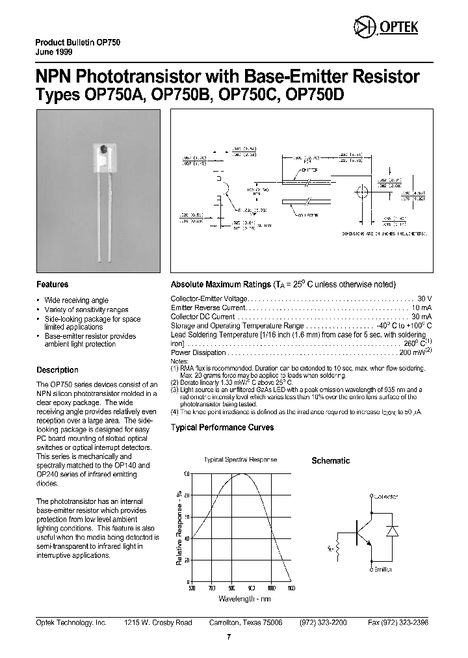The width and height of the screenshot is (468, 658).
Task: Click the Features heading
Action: [x=52, y=284]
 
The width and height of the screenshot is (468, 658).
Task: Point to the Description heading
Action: [x=57, y=370]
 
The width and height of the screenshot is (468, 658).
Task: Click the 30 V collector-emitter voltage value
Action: [x=424, y=298]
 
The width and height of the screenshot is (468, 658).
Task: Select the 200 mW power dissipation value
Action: [x=411, y=352]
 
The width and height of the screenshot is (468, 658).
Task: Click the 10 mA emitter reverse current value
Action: [x=421, y=307]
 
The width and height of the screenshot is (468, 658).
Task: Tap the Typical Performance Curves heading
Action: [x=222, y=428]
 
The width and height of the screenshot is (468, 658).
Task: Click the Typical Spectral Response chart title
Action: [x=240, y=460]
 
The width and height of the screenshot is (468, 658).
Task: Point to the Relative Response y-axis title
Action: [x=179, y=527]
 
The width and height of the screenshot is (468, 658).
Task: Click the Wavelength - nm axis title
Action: [x=244, y=598]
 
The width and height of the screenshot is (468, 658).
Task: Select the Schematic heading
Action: [x=330, y=460]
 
